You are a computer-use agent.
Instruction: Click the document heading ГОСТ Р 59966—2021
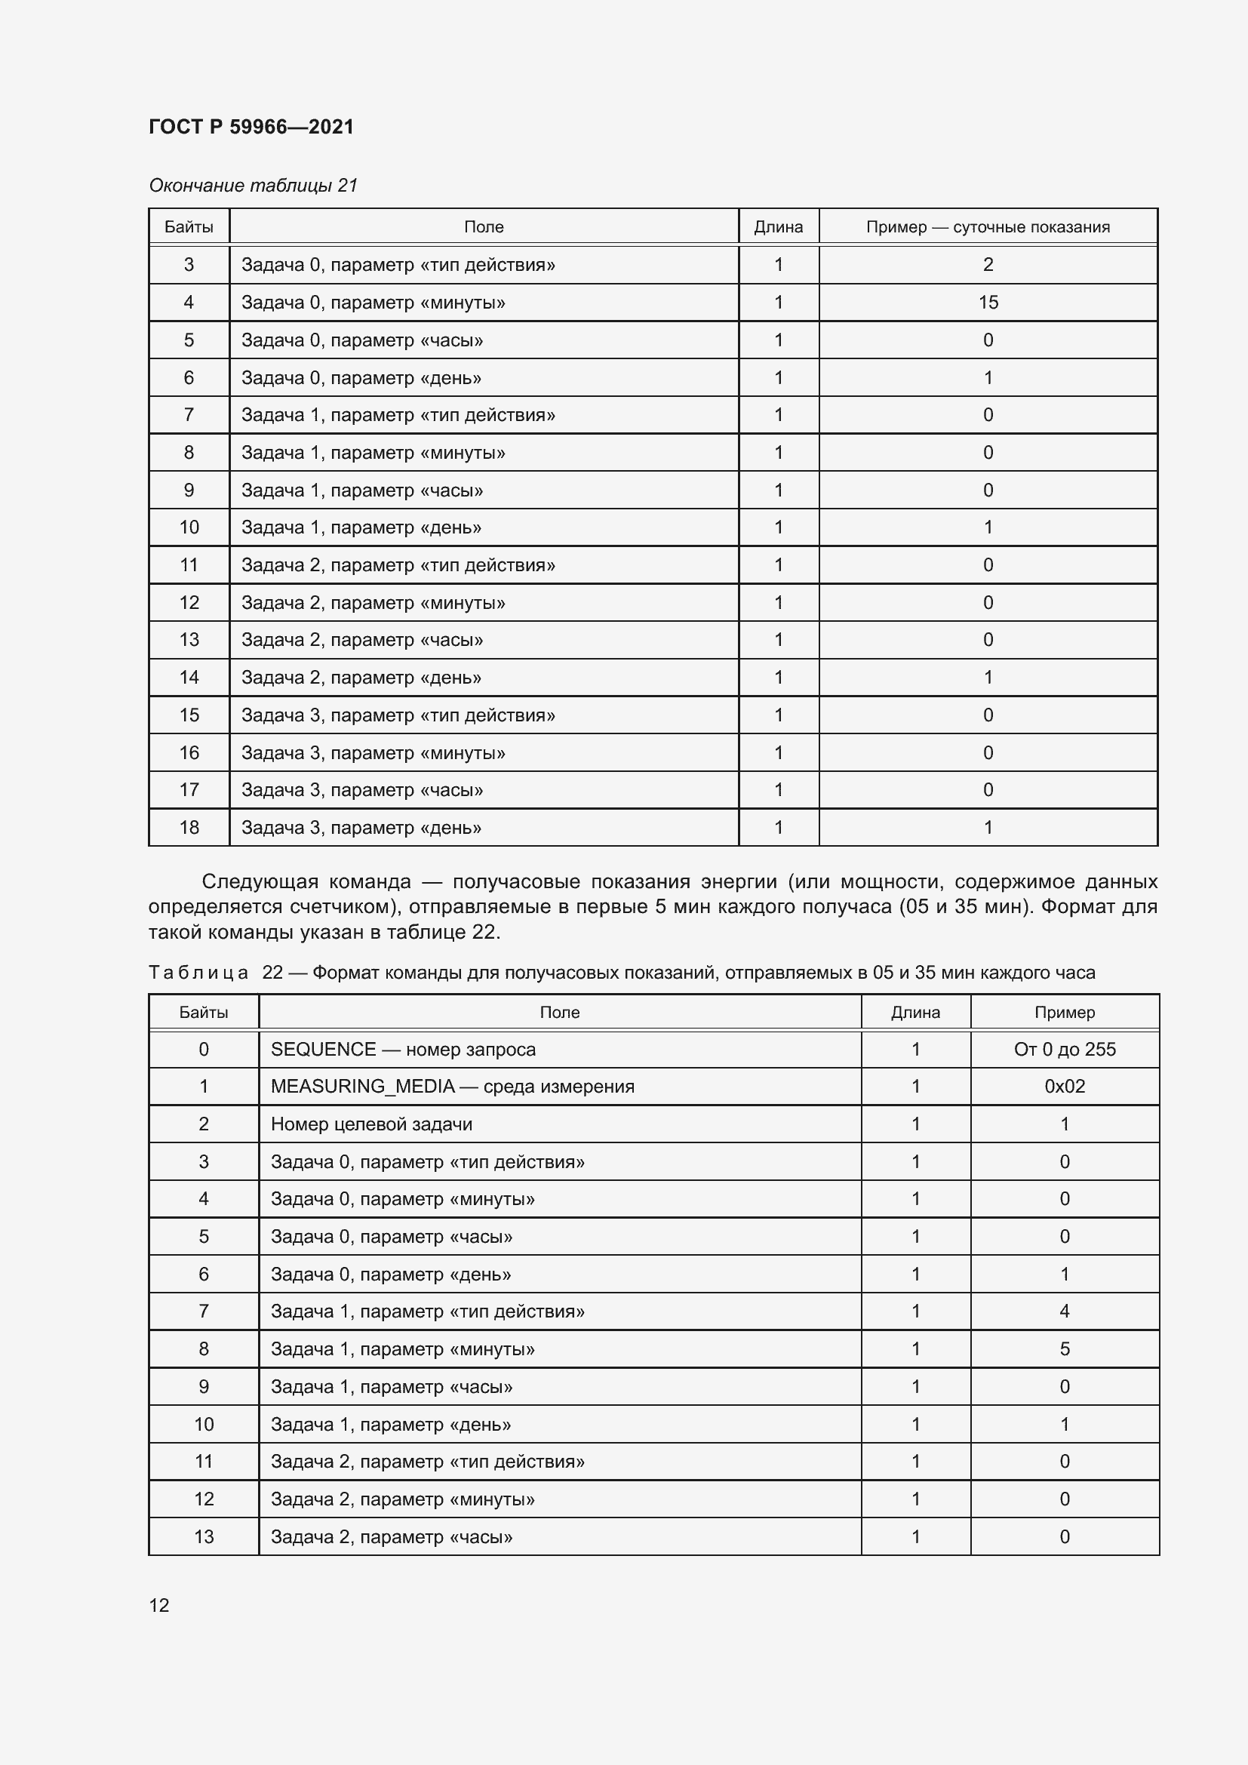click(251, 127)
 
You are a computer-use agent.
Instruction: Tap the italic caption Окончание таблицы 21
click(253, 186)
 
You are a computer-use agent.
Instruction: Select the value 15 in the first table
click(988, 302)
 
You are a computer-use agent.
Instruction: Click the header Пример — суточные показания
click(988, 227)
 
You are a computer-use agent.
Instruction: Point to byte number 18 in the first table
click(189, 827)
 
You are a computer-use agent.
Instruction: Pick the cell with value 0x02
click(1065, 1086)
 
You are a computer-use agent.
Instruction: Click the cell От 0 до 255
click(1065, 1050)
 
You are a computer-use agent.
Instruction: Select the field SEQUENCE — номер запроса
click(403, 1050)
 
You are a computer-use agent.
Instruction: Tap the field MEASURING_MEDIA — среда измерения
click(452, 1086)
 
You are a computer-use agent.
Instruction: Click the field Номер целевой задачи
click(371, 1124)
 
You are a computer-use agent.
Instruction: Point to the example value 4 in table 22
click(1065, 1311)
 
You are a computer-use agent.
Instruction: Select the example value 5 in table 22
click(1065, 1348)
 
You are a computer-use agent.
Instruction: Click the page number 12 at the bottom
click(159, 1605)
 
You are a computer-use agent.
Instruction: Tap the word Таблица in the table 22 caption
click(198, 973)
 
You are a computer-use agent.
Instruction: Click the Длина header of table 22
click(915, 1013)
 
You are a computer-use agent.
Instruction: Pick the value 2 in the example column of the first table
click(988, 264)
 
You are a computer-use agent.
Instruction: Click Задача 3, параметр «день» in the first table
click(361, 827)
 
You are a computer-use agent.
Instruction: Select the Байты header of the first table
click(189, 227)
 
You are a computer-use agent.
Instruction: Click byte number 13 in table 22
click(204, 1536)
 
